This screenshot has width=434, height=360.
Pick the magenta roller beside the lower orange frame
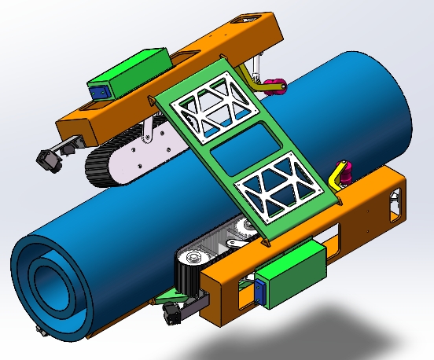pyautogui.click(x=344, y=170)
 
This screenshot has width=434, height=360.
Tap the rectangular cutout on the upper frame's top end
pyautogui.click(x=253, y=20)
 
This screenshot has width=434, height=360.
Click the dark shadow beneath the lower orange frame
pyautogui.click(x=314, y=330)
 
